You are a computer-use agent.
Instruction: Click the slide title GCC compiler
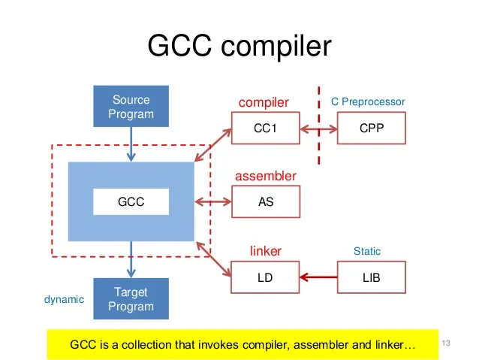[239, 47]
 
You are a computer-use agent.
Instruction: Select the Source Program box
[131, 107]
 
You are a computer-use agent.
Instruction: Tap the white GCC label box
[131, 202]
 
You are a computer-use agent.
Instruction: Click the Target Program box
[131, 298]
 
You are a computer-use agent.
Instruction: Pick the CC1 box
[265, 129]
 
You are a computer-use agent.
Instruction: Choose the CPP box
[371, 129]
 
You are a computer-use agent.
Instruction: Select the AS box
[265, 202]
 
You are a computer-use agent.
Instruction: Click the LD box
[265, 277]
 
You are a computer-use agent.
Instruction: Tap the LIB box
[371, 277]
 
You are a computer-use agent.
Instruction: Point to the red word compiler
[264, 101]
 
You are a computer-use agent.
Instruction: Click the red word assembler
[265, 176]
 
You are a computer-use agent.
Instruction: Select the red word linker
[265, 250]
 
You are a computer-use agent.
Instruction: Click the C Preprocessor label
[368, 101]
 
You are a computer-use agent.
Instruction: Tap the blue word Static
[367, 251]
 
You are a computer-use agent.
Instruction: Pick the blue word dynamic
[64, 299]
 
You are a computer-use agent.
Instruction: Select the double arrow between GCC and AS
[212, 202]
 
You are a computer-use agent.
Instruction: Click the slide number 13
[449, 343]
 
